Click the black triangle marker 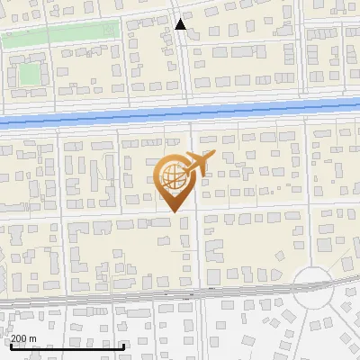(x=181, y=24)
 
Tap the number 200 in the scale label (x=19, y=338)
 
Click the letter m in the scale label (x=32, y=338)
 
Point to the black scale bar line (x=67, y=346)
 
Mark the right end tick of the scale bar (x=124, y=344)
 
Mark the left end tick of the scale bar (x=10, y=344)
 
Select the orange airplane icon (x=198, y=163)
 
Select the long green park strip (x=59, y=35)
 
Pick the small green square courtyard (x=31, y=72)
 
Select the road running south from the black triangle (x=184, y=63)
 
